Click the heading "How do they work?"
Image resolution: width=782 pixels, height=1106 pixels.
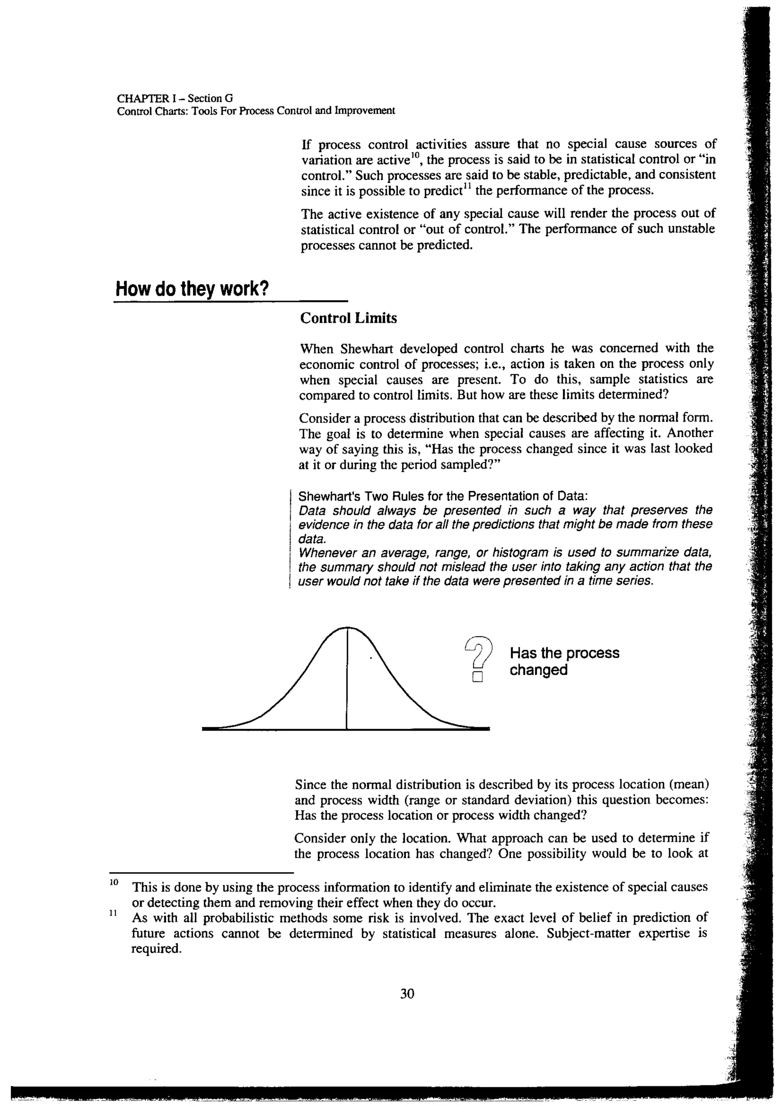pos(192,289)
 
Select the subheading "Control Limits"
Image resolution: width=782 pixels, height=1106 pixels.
pos(348,318)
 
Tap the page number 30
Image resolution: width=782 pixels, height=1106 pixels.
pos(407,993)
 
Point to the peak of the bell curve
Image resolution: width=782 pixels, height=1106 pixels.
pos(347,628)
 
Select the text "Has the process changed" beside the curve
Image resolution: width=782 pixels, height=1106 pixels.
pos(564,661)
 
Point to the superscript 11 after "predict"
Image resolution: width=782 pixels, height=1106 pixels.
pos(467,186)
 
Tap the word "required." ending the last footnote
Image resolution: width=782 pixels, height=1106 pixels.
pos(157,949)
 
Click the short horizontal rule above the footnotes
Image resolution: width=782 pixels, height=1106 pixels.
pos(201,872)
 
